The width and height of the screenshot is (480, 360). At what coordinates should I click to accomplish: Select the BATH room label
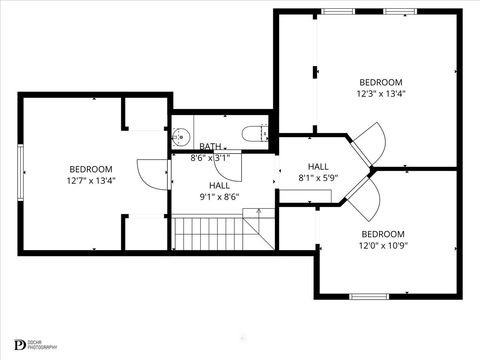210,146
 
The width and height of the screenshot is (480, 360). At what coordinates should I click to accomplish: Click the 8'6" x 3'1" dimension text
211,157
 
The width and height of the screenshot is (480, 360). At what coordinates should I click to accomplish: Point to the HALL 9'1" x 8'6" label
220,191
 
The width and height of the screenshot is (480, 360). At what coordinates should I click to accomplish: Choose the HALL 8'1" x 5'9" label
318,172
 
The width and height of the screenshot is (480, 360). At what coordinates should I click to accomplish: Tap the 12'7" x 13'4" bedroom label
91,175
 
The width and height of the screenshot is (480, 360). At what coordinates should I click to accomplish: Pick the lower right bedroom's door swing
362,200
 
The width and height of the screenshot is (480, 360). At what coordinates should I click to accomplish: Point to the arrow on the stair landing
257,214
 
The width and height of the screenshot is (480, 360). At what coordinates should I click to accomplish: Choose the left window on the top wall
338,11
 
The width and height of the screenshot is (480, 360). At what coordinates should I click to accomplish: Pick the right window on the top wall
401,11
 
